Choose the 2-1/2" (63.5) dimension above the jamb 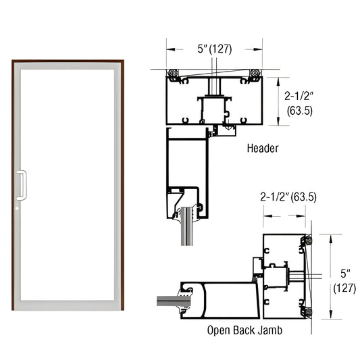coord(288,197)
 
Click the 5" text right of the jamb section coord(345,274)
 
